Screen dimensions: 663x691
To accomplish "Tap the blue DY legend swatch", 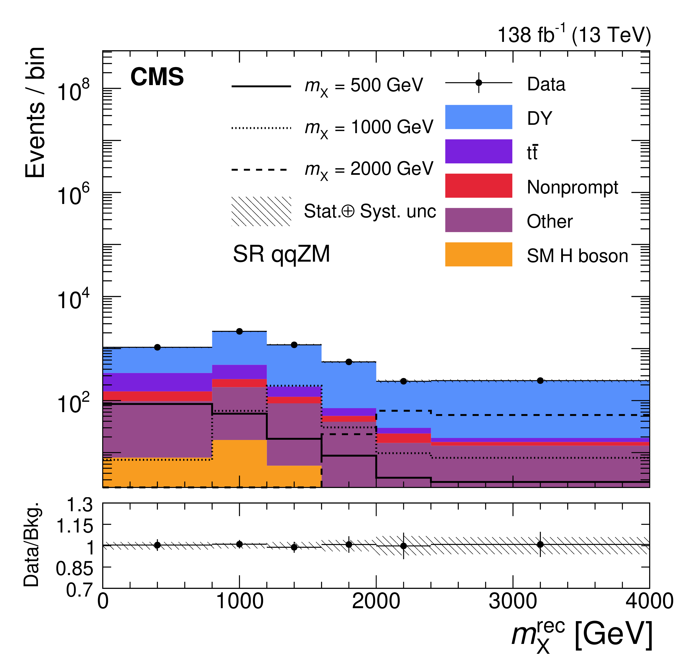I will [479, 117].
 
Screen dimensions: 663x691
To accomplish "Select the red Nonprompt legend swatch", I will [479, 186].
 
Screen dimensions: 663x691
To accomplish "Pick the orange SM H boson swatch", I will [479, 254].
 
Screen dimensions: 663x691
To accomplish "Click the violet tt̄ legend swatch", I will [479, 151].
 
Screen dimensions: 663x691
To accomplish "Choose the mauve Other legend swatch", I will [479, 220].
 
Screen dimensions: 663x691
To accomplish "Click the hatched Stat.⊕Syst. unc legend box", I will [261, 211].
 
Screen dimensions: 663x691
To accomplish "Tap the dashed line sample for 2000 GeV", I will [261, 170].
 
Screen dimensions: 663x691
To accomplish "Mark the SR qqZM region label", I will [281, 254].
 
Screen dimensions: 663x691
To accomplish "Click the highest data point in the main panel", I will [239, 331].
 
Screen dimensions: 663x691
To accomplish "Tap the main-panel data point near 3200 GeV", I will [540, 381].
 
